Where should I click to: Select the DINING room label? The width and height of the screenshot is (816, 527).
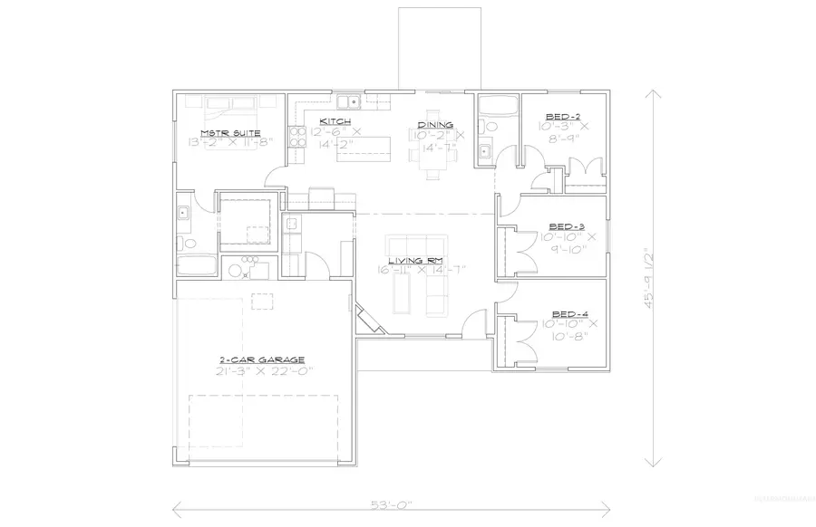[x=435, y=125]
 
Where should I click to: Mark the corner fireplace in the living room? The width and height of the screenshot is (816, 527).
[x=367, y=320]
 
